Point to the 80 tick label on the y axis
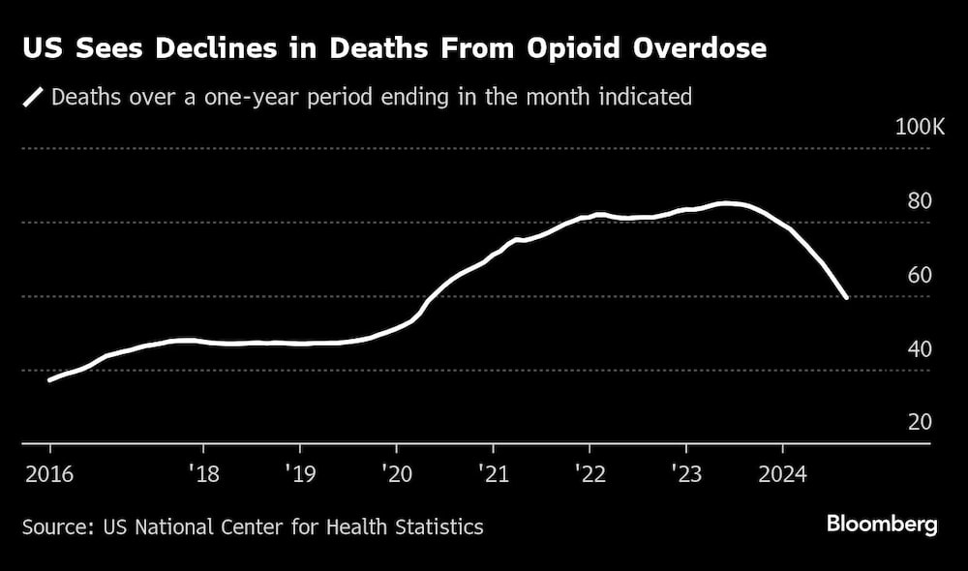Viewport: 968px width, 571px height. [x=919, y=201]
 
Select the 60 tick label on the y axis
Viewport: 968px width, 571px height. [x=919, y=275]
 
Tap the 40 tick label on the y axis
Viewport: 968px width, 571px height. [x=919, y=348]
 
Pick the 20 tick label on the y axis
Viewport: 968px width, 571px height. [x=919, y=422]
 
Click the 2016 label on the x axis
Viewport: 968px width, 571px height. [x=48, y=473]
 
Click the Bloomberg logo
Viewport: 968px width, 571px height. [x=882, y=525]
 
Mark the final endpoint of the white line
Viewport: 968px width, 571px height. [x=847, y=298]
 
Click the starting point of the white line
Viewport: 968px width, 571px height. [x=49, y=380]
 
